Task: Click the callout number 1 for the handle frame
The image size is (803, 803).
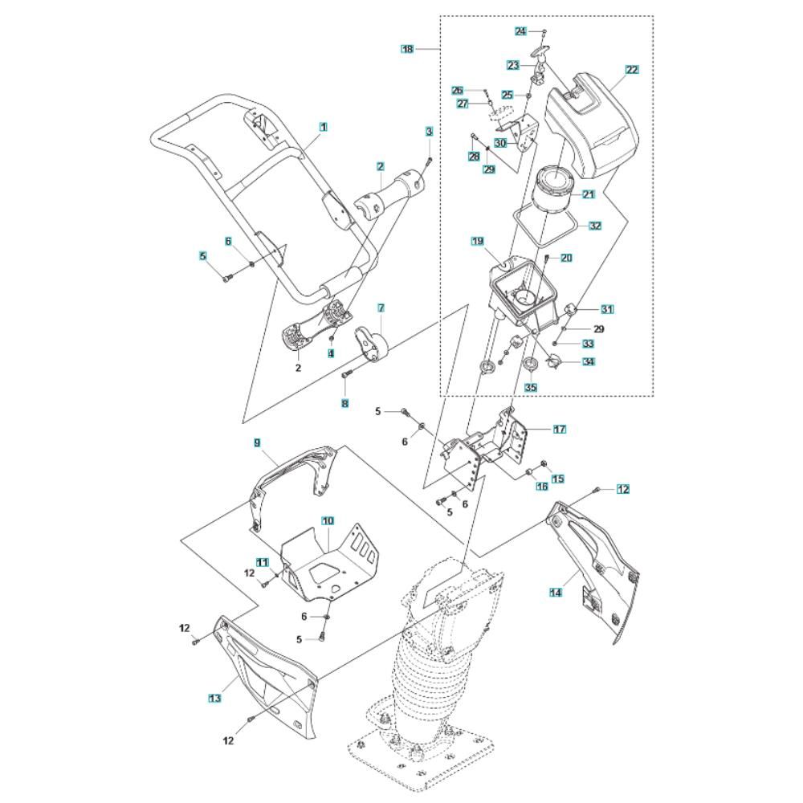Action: pyautogui.click(x=323, y=127)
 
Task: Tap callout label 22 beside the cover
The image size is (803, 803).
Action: pyautogui.click(x=632, y=70)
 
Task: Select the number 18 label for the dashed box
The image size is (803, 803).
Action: pyautogui.click(x=408, y=49)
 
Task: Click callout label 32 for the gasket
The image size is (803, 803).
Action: pyautogui.click(x=595, y=226)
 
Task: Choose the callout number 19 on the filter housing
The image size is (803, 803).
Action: pyautogui.click(x=478, y=241)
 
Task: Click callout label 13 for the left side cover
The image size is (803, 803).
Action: pyautogui.click(x=214, y=698)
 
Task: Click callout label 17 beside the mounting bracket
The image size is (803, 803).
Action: pyautogui.click(x=559, y=429)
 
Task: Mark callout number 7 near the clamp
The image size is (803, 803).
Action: pyautogui.click(x=381, y=308)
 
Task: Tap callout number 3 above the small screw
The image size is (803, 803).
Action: pyautogui.click(x=429, y=131)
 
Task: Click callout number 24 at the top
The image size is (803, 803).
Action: pyautogui.click(x=520, y=31)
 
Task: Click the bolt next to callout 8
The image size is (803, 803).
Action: pyautogui.click(x=347, y=373)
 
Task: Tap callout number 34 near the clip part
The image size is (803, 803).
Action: pyautogui.click(x=589, y=362)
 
